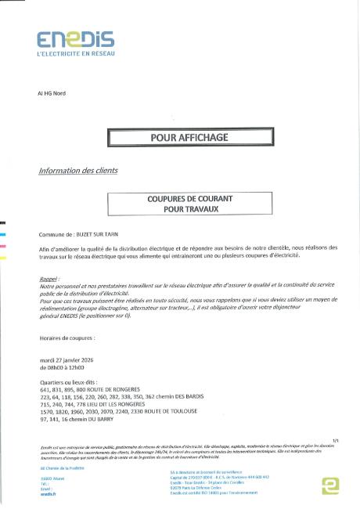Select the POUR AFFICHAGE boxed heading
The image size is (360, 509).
[x=178, y=138]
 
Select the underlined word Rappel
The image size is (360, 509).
[x=48, y=279]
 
